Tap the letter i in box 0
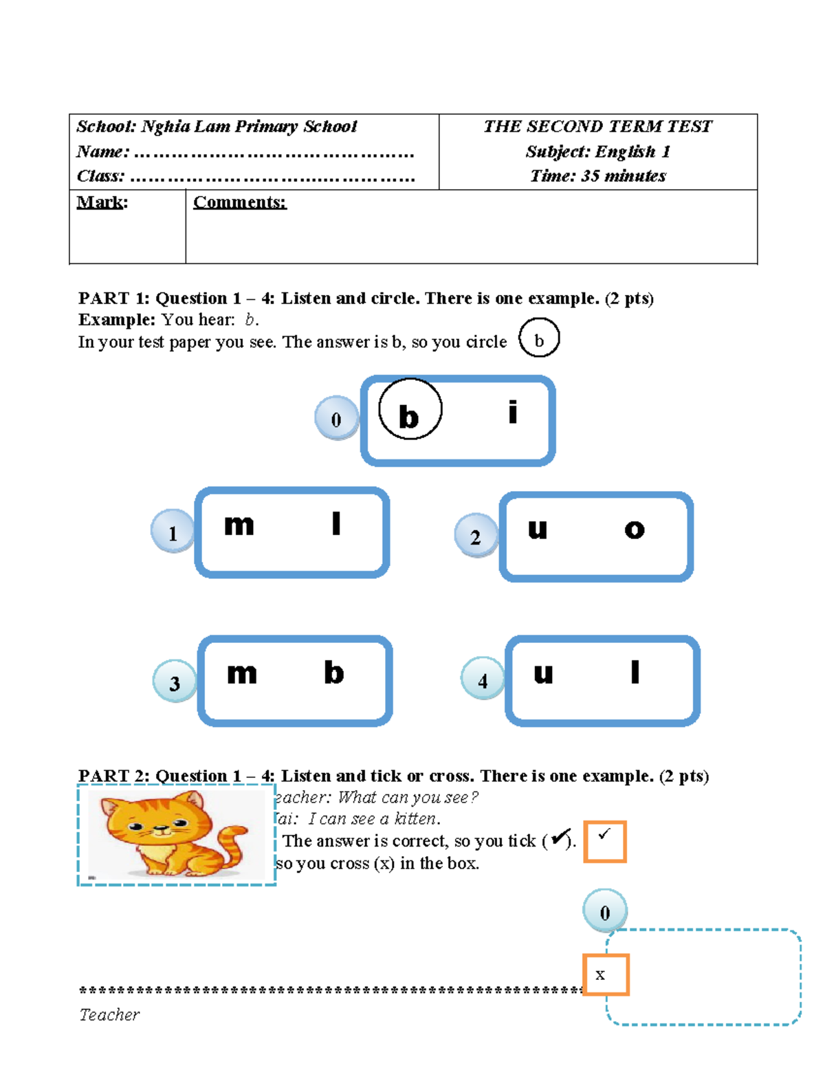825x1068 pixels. tap(512, 413)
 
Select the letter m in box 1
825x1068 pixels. tap(239, 525)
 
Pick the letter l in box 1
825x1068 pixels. tap(335, 524)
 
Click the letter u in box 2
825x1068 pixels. tap(537, 529)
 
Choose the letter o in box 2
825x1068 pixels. tap(634, 530)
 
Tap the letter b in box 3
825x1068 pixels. tap(333, 673)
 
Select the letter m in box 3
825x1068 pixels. tap(242, 673)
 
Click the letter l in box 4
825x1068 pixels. tap(635, 672)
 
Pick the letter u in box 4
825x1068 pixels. tap(543, 673)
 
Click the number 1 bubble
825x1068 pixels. tap(172, 532)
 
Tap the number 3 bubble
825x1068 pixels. tap(174, 682)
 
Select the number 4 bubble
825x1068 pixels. tap(482, 679)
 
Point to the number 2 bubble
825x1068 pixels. tap(475, 536)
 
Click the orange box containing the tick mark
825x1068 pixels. tap(604, 841)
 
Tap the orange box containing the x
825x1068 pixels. tap(606, 974)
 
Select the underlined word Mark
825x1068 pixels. tap(101, 202)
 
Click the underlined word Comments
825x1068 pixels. tap(239, 202)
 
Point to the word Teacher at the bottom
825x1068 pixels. tap(109, 1014)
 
